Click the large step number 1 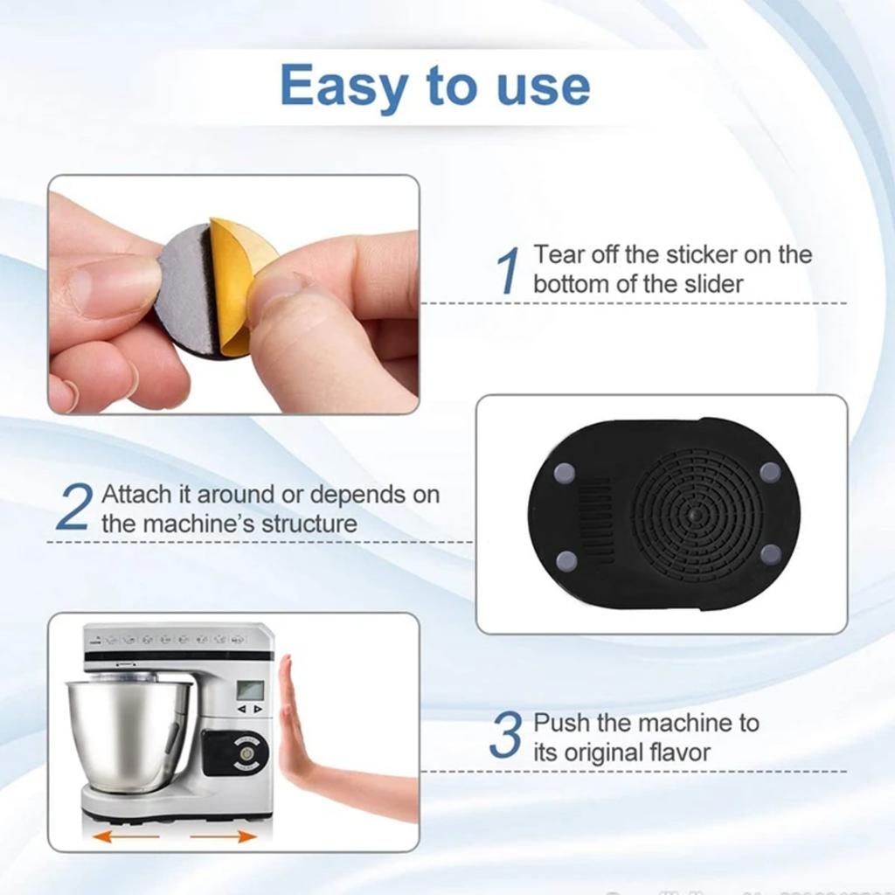(x=508, y=270)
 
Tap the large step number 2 (x=73, y=508)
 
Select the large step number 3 (x=505, y=737)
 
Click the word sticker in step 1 (x=707, y=255)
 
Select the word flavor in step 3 (x=671, y=752)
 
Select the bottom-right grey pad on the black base (x=770, y=554)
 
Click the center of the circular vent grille (x=694, y=517)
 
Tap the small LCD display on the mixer (x=250, y=690)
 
